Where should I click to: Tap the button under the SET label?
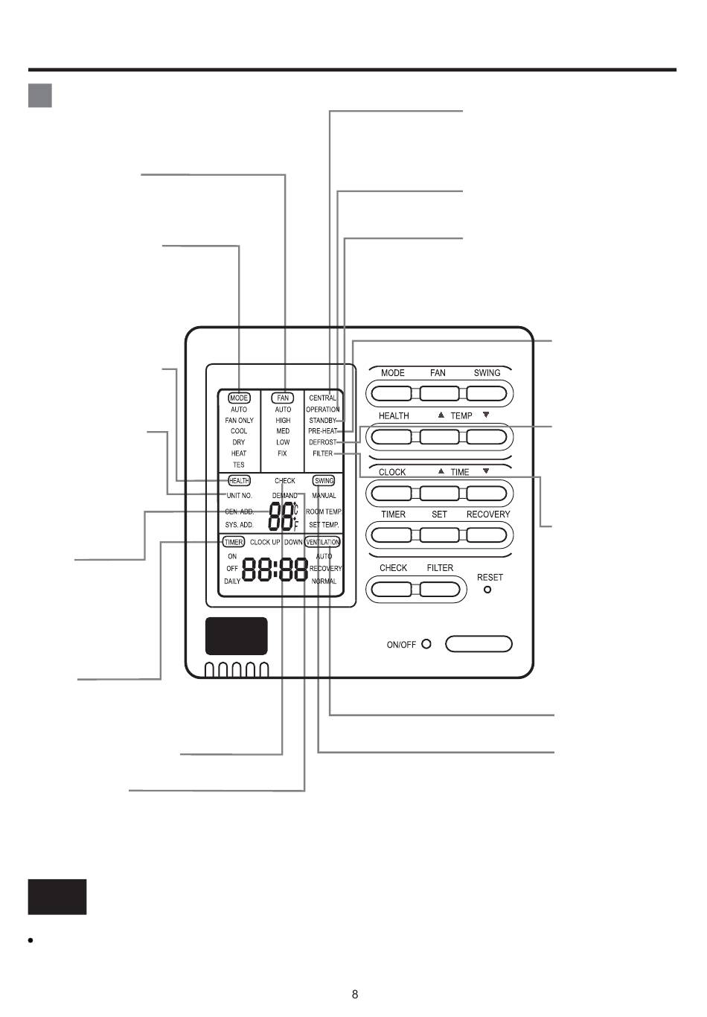point(439,535)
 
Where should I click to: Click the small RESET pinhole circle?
point(487,590)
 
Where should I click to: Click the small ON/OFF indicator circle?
point(426,644)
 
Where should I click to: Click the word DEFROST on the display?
point(323,442)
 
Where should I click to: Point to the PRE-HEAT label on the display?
point(323,431)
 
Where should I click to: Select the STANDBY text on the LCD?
point(323,421)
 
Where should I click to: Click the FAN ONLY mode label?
point(239,421)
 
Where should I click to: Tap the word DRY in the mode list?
point(239,442)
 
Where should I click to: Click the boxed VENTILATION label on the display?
point(323,542)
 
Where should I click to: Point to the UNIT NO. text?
point(240,496)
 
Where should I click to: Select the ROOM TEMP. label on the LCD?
point(324,512)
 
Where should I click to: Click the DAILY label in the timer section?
point(232,581)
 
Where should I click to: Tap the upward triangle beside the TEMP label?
point(441,415)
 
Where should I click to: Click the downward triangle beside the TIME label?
point(486,471)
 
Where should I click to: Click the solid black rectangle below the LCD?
point(237,636)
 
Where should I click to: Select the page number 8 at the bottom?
point(355,995)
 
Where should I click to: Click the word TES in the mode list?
point(239,465)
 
